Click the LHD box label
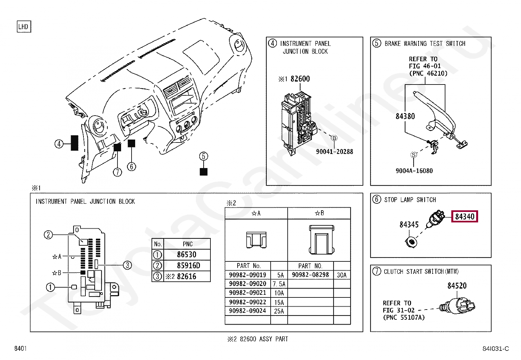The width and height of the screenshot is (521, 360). (24, 27)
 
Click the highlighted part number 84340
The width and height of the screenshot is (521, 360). (464, 217)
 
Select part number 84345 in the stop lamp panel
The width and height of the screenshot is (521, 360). (409, 225)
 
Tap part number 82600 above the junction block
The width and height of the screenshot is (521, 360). (300, 79)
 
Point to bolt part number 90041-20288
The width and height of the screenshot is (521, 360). (334, 152)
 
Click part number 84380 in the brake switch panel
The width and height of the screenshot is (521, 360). (405, 116)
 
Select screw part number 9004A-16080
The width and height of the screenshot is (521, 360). (414, 171)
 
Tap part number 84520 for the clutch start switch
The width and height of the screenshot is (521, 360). (457, 286)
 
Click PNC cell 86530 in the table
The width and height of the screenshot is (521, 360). (187, 255)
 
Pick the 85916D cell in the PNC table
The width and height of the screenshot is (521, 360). (188, 265)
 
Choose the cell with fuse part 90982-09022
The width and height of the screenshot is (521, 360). (247, 302)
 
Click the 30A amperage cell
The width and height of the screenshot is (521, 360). (342, 275)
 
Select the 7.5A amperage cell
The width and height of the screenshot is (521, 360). (279, 284)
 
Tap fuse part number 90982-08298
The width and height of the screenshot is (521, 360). (310, 275)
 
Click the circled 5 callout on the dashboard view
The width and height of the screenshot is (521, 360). (204, 156)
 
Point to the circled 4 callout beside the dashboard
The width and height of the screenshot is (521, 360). (59, 144)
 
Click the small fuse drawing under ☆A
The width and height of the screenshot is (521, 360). (256, 240)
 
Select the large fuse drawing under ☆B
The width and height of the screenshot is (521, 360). (321, 240)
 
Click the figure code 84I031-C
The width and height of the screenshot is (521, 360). (495, 349)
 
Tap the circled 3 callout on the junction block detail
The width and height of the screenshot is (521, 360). (127, 265)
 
